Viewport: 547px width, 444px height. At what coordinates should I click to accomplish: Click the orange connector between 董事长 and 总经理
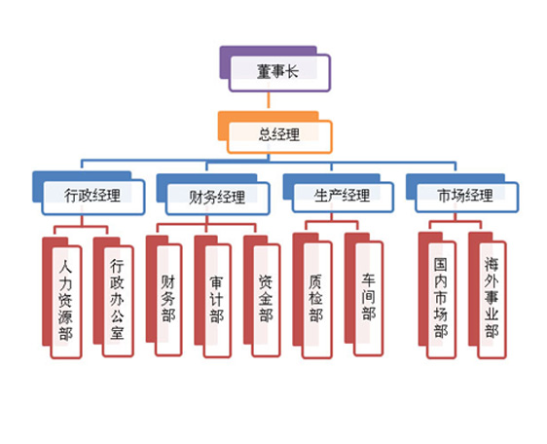(269, 101)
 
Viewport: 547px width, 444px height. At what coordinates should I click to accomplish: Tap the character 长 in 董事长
(292, 71)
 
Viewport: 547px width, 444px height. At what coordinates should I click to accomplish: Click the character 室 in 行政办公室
(118, 332)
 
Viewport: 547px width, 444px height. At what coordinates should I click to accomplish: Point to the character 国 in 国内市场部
(441, 265)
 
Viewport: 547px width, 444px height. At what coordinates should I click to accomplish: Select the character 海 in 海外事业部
(492, 264)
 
